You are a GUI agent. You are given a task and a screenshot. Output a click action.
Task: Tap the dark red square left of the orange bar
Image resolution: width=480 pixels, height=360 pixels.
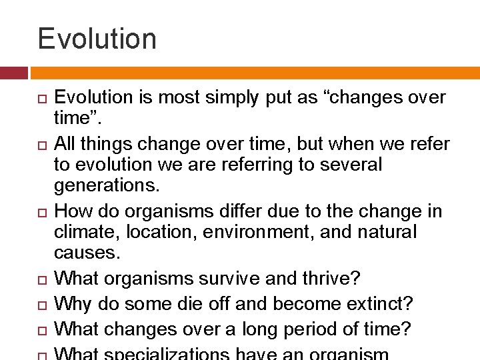point(13,73)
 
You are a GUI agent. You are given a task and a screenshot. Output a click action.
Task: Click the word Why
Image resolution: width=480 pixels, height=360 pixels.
point(72,304)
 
